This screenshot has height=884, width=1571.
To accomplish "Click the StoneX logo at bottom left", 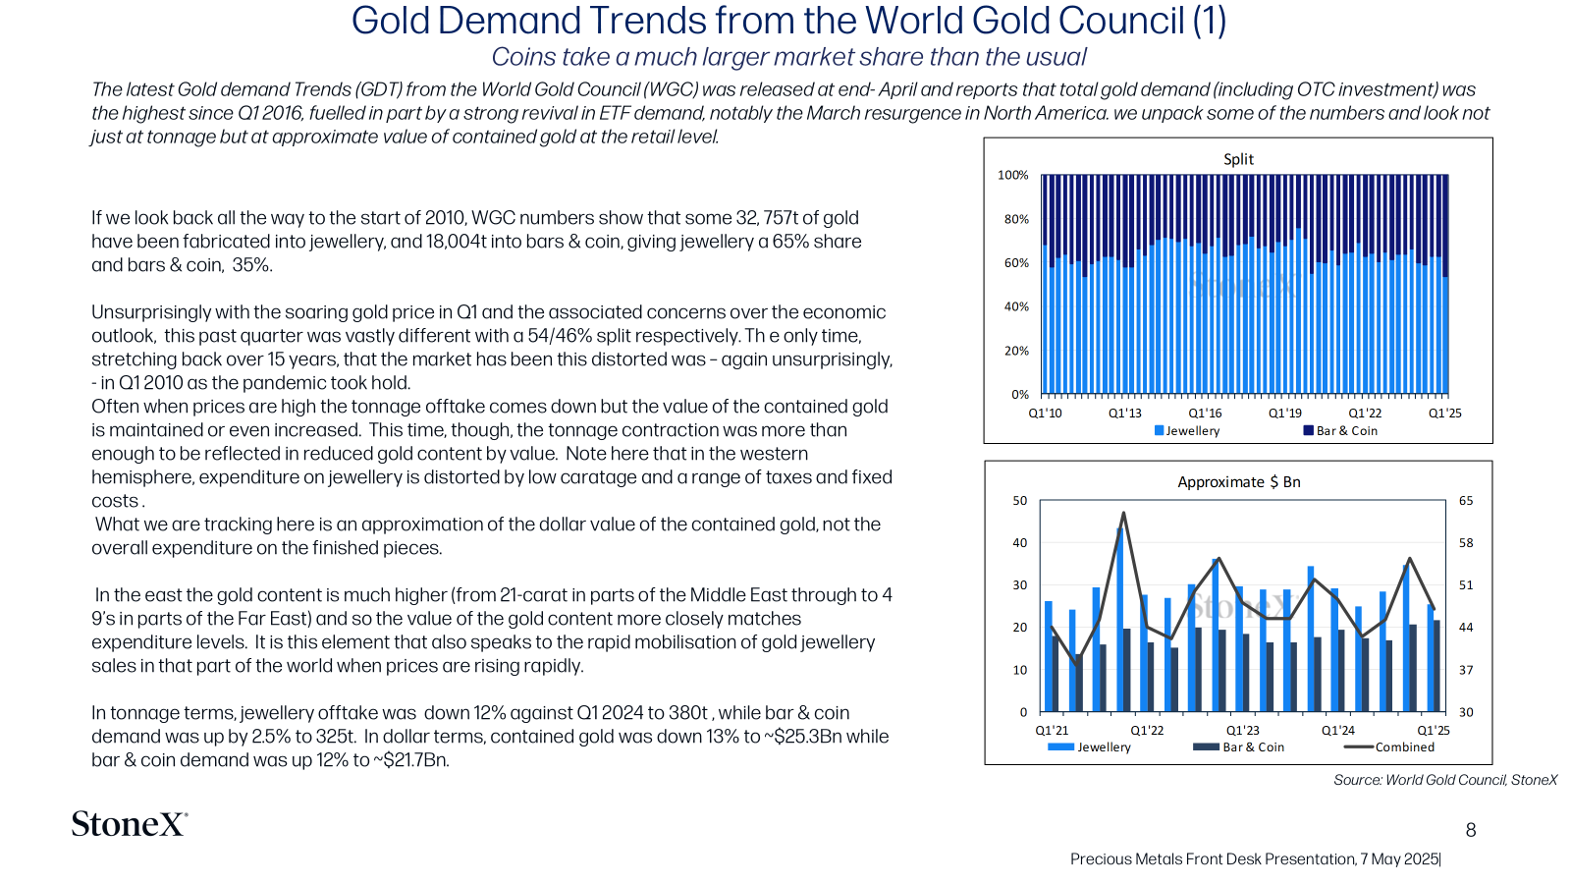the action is [130, 824].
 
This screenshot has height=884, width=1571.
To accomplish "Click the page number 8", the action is [1471, 830].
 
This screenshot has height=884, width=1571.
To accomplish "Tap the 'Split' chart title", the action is [1238, 159].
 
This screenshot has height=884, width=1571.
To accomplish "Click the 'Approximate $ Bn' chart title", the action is [1238, 482].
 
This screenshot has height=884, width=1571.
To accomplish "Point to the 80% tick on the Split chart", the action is [1016, 219].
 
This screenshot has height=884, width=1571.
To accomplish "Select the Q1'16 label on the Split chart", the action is [1205, 414].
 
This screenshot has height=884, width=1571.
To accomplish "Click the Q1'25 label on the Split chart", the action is [1444, 414].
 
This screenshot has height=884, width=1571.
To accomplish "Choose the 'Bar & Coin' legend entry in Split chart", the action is [1340, 431].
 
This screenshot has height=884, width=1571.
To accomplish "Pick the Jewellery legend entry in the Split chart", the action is [1187, 431].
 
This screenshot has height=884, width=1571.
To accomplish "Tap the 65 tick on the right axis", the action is [1466, 501].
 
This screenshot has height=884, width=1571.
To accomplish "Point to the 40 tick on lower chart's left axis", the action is [1019, 543].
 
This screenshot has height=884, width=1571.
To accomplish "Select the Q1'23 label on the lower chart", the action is [1243, 731].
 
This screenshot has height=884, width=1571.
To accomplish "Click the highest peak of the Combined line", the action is [1123, 513].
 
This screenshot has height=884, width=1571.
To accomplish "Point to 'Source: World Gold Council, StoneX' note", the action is [1444, 780].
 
